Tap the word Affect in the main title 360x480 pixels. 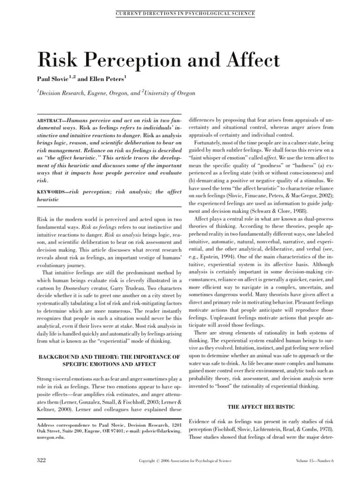[251, 60]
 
